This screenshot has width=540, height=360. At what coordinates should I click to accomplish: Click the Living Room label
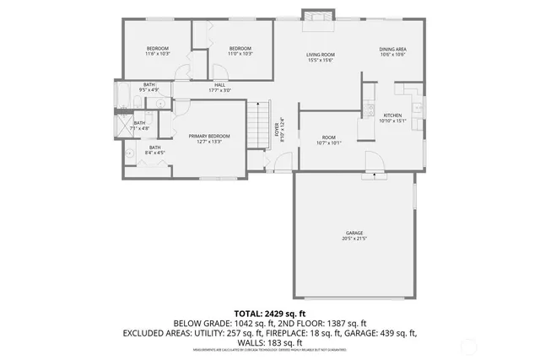tap(321, 55)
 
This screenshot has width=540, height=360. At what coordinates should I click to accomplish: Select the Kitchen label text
tap(393, 115)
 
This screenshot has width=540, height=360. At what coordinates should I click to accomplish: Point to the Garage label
tap(354, 233)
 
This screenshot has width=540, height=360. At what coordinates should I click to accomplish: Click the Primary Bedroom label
tap(209, 136)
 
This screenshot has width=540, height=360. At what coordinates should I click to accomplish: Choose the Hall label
tap(219, 84)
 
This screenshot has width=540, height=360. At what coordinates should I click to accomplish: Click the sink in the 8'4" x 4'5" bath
tap(131, 153)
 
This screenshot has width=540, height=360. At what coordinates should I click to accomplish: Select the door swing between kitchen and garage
tap(370, 160)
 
